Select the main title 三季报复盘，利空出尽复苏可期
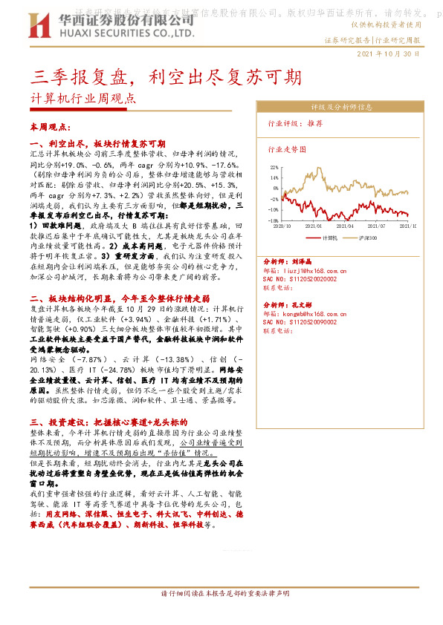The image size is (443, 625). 166,76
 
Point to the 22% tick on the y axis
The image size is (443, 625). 274,168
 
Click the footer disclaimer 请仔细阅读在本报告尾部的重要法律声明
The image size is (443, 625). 225,615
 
